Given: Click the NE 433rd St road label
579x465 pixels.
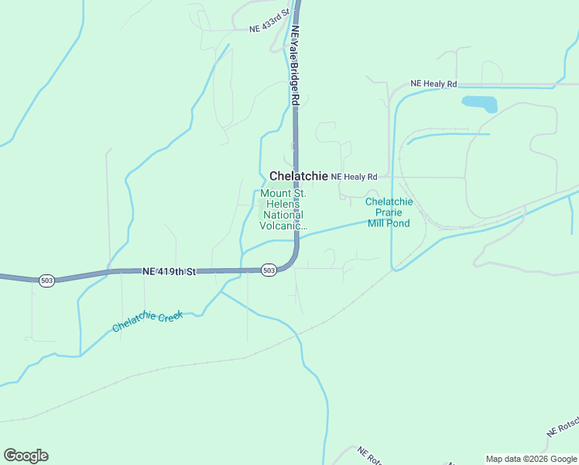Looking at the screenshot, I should pyautogui.click(x=269, y=21).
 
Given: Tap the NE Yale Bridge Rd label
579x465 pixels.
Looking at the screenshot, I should pyautogui.click(x=295, y=66).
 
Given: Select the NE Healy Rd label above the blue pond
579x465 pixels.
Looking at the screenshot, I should pyautogui.click(x=433, y=84).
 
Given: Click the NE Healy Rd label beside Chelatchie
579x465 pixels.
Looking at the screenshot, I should pyautogui.click(x=354, y=177).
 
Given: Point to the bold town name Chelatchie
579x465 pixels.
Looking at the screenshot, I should pyautogui.click(x=298, y=177).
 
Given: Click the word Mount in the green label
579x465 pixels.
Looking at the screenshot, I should pyautogui.click(x=276, y=194).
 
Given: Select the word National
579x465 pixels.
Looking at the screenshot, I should pyautogui.click(x=283, y=215).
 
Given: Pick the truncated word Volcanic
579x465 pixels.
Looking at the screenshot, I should pyautogui.click(x=283, y=226).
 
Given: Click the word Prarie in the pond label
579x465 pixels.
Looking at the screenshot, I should pyautogui.click(x=389, y=212).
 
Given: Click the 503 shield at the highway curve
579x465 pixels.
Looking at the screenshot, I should pyautogui.click(x=269, y=270).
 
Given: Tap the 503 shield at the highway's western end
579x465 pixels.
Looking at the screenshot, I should pyautogui.click(x=47, y=280).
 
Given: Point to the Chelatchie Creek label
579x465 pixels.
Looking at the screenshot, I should pyautogui.click(x=147, y=322).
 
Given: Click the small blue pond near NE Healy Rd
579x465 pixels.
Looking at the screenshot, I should pyautogui.click(x=479, y=103).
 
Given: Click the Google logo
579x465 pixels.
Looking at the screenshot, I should pyautogui.click(x=26, y=456).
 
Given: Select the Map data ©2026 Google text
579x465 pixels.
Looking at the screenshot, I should pyautogui.click(x=531, y=459).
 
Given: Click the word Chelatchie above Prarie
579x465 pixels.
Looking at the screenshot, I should pyautogui.click(x=389, y=201).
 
